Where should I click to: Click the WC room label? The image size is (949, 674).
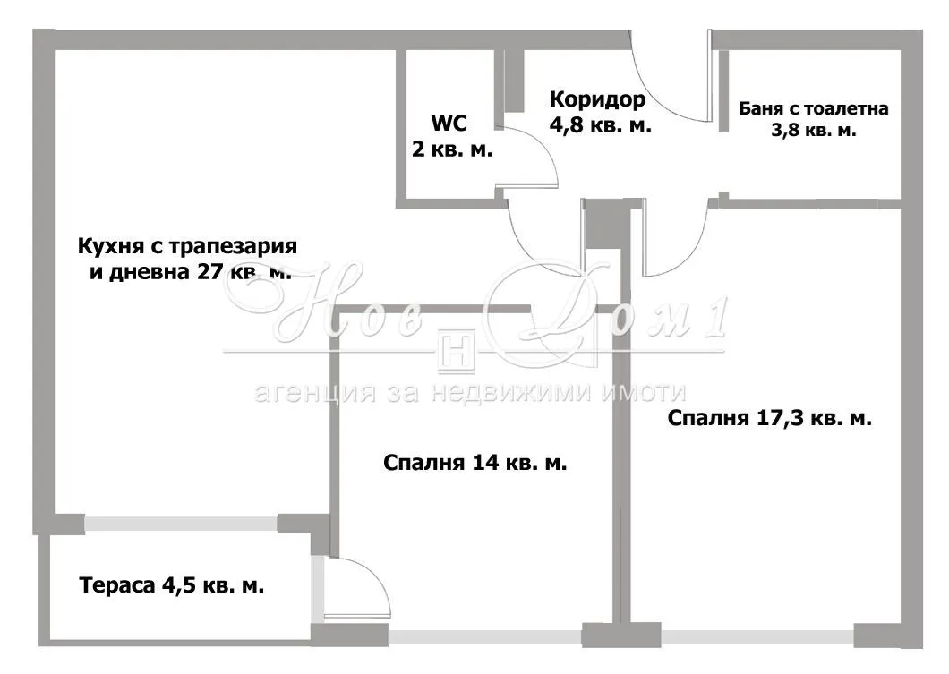pos(449,124)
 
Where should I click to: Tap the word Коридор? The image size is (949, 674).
pos(596,98)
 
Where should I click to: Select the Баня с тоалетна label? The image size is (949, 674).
pos(814,109)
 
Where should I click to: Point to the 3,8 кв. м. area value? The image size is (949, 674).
pos(814,130)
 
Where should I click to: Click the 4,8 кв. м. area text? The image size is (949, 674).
pos(600,125)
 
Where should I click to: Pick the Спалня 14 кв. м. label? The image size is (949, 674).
pos(474,463)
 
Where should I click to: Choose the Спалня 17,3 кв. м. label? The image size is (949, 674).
pos(770,417)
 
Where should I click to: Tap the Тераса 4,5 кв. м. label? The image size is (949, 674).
pos(172,586)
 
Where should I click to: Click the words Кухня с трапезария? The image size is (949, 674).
pos(187,246)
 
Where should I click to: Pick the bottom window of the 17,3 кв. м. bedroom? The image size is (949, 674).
pos(757,636)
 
